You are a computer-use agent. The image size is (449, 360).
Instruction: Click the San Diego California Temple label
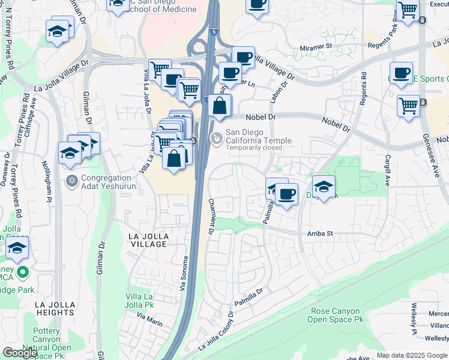(x=258, y=137)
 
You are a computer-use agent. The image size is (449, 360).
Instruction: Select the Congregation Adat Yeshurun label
(x=106, y=181)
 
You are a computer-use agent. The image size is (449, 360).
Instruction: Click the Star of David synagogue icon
(x=71, y=181)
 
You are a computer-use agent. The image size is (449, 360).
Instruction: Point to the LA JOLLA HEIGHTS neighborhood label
(x=55, y=308)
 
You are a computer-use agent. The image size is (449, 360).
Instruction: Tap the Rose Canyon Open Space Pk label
(x=336, y=316)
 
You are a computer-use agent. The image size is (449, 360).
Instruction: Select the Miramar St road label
(x=316, y=46)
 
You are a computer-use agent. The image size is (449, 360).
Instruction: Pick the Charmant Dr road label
(x=211, y=217)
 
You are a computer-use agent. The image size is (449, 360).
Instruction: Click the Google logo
(x=19, y=353)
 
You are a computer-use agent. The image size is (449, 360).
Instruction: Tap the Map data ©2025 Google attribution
(x=412, y=355)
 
